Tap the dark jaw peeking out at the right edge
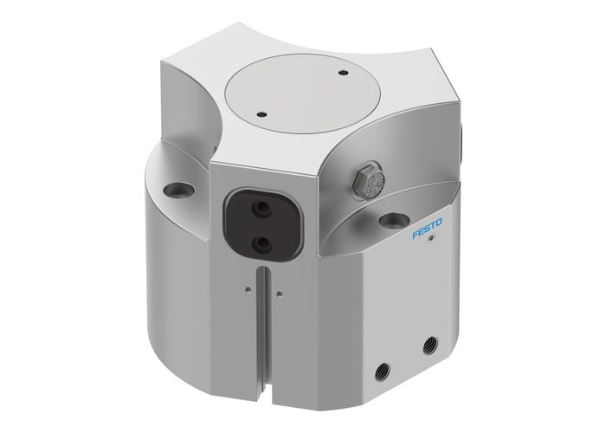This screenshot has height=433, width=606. [462, 139]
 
